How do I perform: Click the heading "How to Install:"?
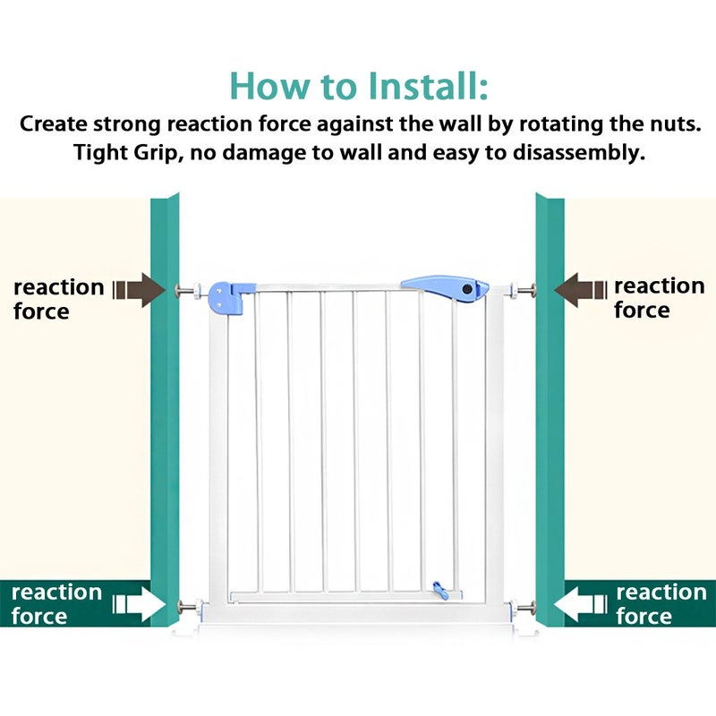(x=359, y=86)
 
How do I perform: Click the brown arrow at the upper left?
(x=139, y=289)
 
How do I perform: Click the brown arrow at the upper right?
(x=581, y=289)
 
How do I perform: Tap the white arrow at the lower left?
(x=140, y=604)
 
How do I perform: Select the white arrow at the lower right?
(x=581, y=604)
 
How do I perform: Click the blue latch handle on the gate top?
(x=445, y=288)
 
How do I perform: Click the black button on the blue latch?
(x=467, y=288)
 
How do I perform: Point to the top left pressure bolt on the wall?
(x=189, y=290)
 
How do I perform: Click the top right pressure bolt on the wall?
(x=523, y=290)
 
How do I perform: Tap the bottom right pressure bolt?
(x=523, y=609)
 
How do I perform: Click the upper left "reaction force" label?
(x=59, y=299)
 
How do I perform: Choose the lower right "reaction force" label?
(x=661, y=604)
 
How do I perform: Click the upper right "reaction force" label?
(x=660, y=297)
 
